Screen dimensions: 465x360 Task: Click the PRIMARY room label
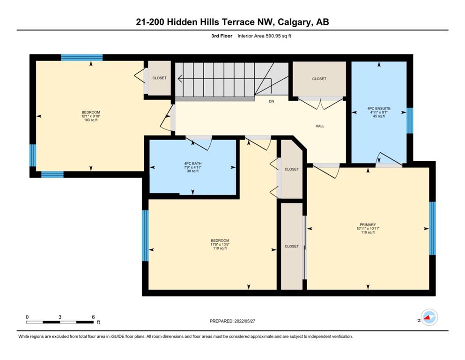368,225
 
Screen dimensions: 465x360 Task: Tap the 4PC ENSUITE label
379,109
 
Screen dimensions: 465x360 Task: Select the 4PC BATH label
193,164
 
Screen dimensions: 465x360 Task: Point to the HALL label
320,126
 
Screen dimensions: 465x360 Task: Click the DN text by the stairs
271,102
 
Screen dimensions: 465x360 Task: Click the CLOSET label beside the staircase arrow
159,78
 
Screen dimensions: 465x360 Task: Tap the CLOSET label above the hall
319,79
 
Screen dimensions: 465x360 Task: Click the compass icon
429,317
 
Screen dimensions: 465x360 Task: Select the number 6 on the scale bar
93,317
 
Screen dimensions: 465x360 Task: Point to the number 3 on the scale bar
60,317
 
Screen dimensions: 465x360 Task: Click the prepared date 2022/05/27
244,321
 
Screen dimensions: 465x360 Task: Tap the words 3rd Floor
222,36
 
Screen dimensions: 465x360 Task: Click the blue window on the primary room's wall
432,228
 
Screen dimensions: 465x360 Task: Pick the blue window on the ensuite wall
410,120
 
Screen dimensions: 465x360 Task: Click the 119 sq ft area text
368,232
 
